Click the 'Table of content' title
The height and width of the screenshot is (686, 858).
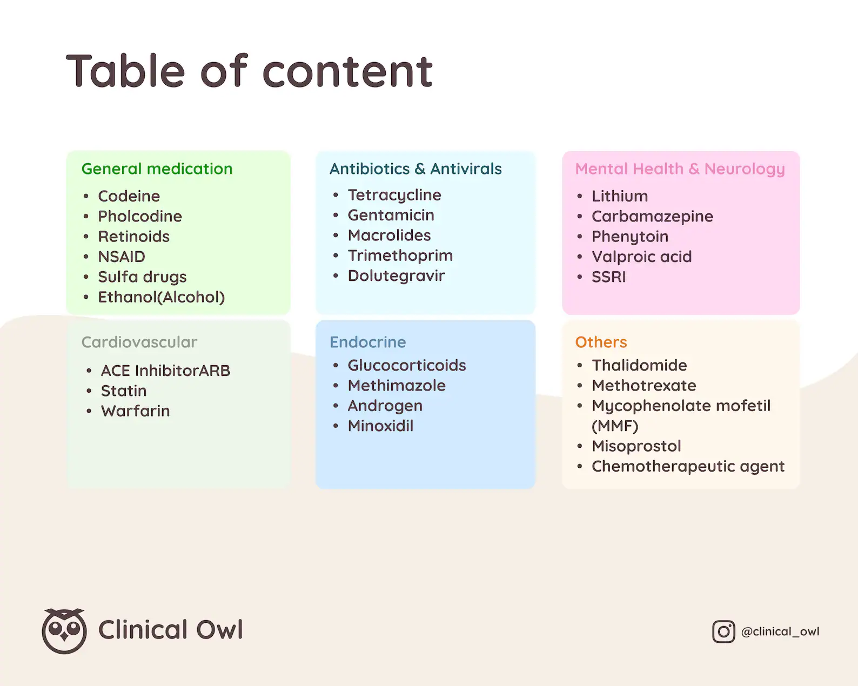point(250,71)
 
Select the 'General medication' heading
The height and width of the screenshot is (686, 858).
point(157,169)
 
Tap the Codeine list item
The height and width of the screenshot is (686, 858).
point(129,196)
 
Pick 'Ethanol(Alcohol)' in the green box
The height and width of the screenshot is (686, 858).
point(162,297)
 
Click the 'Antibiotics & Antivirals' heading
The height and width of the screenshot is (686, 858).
point(415,169)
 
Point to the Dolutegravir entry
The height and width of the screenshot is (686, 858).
point(396,276)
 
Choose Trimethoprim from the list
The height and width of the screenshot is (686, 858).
point(400,255)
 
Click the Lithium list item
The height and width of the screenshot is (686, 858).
point(620,196)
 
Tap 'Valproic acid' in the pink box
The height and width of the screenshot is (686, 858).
point(641,257)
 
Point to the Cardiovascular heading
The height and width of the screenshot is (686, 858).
point(139,342)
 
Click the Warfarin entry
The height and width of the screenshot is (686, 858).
point(135,411)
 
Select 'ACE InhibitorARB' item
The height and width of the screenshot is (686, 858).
point(165,371)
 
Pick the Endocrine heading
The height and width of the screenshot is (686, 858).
point(367,342)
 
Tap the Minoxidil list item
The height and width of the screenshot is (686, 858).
point(380,426)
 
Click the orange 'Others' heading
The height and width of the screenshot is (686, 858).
point(601,342)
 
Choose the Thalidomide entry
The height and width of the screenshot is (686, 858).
point(639,365)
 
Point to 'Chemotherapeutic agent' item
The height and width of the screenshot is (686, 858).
point(688,466)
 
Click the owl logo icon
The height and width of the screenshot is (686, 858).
point(64,630)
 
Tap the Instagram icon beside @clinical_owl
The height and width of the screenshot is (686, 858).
point(723,631)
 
